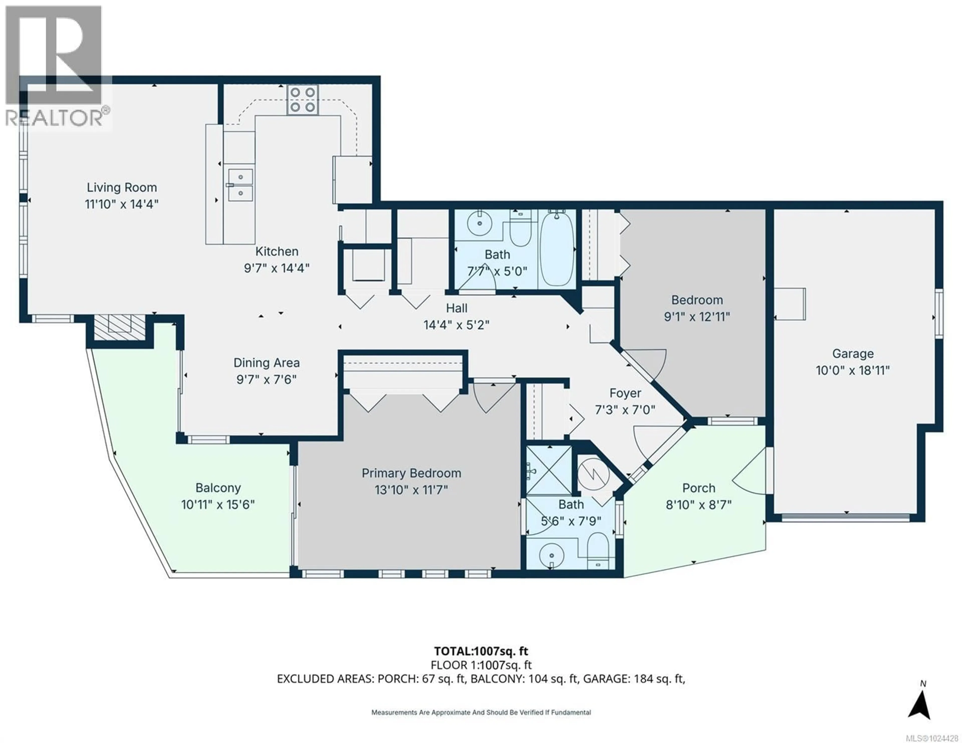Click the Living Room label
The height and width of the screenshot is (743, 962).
point(122,188)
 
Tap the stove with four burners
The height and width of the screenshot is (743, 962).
point(303,99)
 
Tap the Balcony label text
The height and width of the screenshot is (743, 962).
point(218,488)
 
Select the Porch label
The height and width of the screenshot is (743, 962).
point(699,488)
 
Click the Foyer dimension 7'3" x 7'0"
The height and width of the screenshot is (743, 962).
point(625,410)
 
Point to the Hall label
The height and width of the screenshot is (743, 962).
point(456,308)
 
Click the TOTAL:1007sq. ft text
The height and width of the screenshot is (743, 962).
point(481,651)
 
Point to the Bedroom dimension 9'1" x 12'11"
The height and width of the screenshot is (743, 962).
point(697,317)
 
